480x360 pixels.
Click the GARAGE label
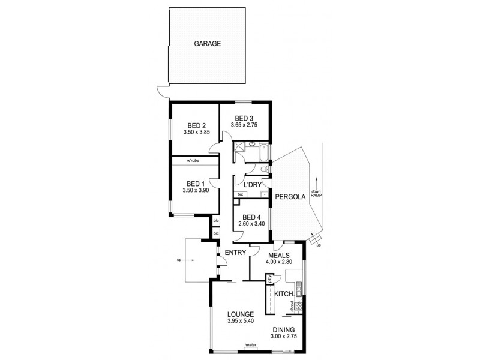pyautogui.click(x=208, y=44)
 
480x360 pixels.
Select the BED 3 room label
pyautogui.click(x=244, y=118)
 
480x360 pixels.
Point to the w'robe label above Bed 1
pyautogui.click(x=193, y=160)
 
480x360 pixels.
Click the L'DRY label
pyautogui.click(x=253, y=184)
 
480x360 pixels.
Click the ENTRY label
pyautogui.click(x=235, y=253)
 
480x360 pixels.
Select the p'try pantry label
pyautogui.click(x=270, y=279)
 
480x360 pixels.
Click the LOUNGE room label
pyautogui.click(x=240, y=314)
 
